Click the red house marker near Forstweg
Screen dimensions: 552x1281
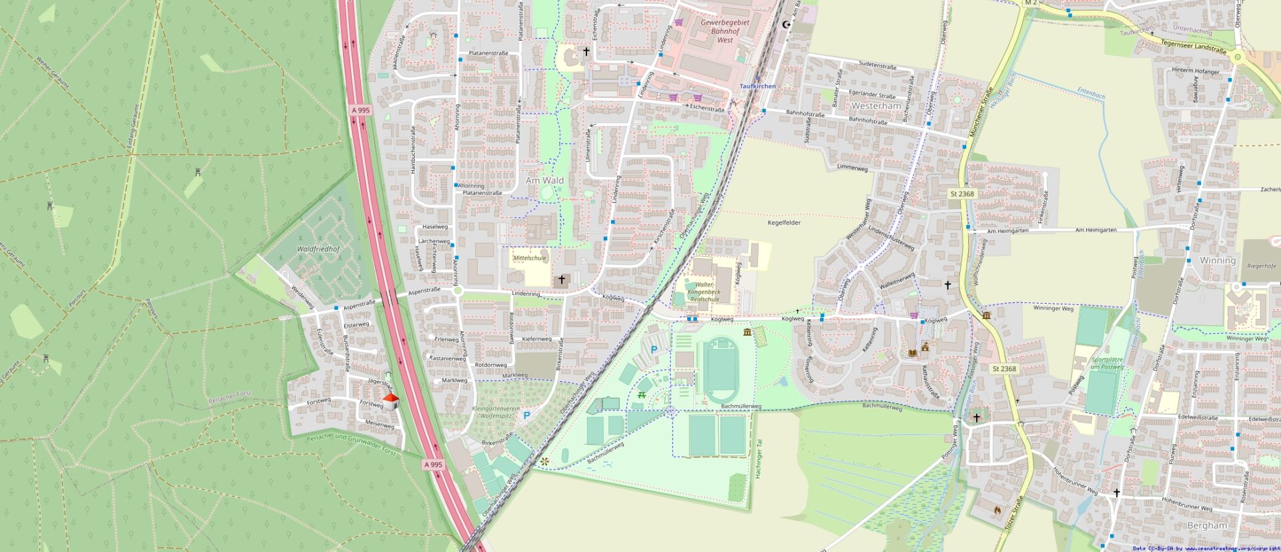click(x=390, y=402)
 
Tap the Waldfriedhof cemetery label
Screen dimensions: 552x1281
click(x=318, y=249)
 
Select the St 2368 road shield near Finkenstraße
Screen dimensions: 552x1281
click(x=962, y=194)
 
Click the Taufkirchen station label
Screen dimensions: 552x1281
click(x=757, y=87)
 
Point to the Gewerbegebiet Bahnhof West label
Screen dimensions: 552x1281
click(x=725, y=31)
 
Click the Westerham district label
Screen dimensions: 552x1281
click(x=876, y=106)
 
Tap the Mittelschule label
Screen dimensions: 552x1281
click(x=530, y=258)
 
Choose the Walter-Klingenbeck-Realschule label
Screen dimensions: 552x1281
click(x=705, y=292)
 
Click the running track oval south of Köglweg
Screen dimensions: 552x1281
click(x=721, y=369)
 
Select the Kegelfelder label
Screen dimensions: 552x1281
click(x=784, y=222)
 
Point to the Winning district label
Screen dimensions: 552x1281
click(x=1218, y=260)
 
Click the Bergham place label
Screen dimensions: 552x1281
click(x=1207, y=525)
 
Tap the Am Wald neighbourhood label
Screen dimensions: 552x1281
click(x=544, y=180)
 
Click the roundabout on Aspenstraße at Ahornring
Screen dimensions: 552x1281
click(x=458, y=290)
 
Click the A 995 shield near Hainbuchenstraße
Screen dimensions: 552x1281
click(x=360, y=110)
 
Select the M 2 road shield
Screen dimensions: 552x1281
click(x=1031, y=3)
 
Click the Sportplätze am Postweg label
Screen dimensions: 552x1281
click(x=1107, y=363)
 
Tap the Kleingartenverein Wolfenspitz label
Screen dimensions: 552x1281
click(x=496, y=412)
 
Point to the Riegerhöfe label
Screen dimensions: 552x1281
click(x=1261, y=266)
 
